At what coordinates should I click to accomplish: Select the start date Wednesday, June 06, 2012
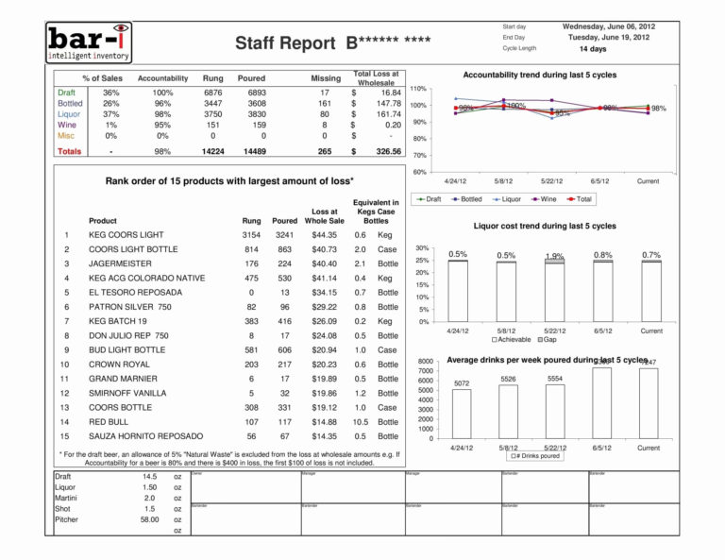point(608,26)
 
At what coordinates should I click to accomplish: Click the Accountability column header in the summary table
point(162,78)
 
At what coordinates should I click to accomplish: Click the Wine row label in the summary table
point(67,125)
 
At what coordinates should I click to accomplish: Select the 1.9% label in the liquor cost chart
point(555,256)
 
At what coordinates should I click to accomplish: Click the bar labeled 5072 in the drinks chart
point(462,414)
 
